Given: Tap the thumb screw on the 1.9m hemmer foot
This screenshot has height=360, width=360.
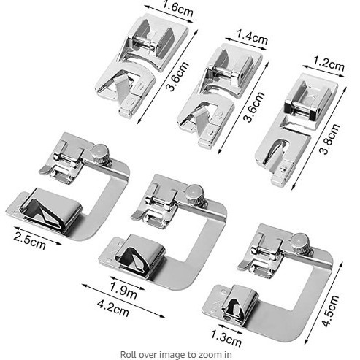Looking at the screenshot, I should click(194, 194).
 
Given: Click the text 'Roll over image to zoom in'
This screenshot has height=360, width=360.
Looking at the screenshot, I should click(180, 354).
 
